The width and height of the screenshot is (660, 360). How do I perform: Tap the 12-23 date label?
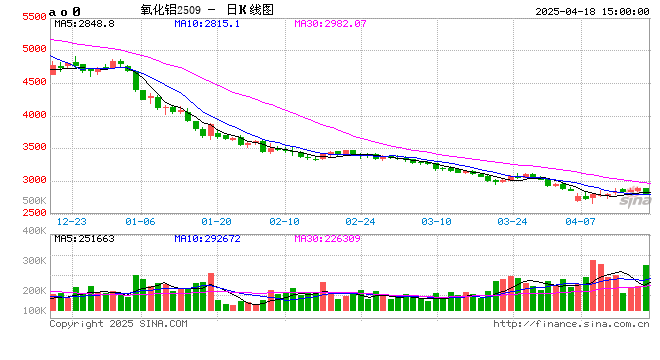pos(71,220)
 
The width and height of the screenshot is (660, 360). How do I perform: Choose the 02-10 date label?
pos(285,220)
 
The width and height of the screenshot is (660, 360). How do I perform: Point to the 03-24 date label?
pos(512,220)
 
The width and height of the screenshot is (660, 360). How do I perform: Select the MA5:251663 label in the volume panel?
pos(84,238)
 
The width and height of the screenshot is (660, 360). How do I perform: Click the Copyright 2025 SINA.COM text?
pos(118,324)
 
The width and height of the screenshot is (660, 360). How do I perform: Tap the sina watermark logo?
pos(630,201)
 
